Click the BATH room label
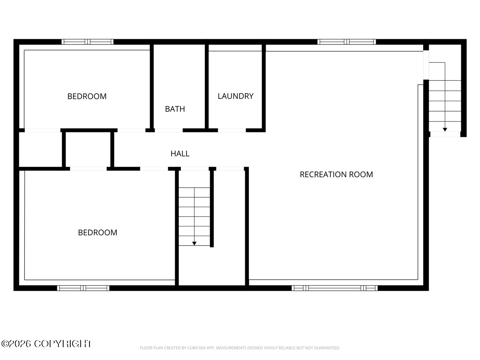(x=175, y=109)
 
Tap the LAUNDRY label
(x=236, y=96)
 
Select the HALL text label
(x=180, y=154)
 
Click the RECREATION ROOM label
(x=336, y=174)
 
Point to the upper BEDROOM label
(x=87, y=96)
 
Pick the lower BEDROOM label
(x=98, y=232)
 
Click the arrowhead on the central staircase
(x=194, y=243)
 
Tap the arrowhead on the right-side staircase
(x=445, y=129)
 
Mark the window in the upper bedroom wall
(x=88, y=42)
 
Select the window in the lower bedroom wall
(x=83, y=288)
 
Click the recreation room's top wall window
(x=346, y=42)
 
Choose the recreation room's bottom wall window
(x=334, y=288)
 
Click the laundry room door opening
(x=232, y=130)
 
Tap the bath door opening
(x=168, y=130)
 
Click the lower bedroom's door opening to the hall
(x=154, y=169)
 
